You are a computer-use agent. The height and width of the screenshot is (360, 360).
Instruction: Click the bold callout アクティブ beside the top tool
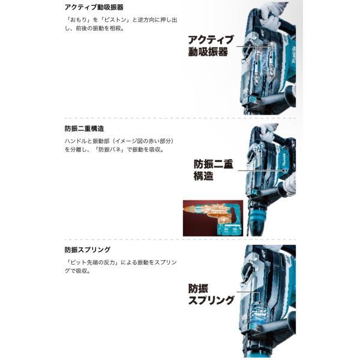[x=211, y=39]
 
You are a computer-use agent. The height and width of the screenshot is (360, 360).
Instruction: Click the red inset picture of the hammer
[x=212, y=218]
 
